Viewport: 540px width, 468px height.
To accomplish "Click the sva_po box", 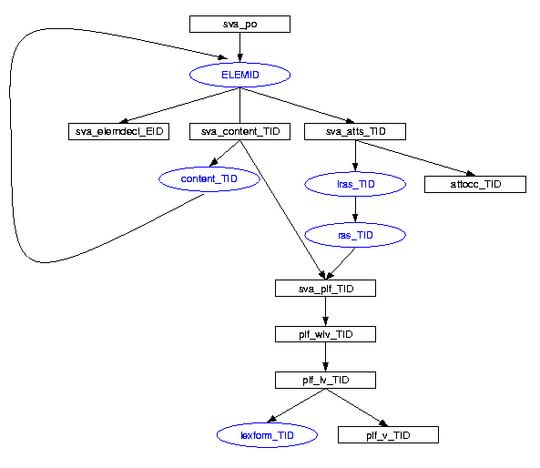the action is (x=239, y=24).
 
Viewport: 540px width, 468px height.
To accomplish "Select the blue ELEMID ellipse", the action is (x=239, y=75).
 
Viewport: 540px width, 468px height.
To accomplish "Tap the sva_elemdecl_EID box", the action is (x=118, y=131).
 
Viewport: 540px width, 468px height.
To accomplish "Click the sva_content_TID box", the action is (x=239, y=131).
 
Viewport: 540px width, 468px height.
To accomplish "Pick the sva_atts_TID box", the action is (x=355, y=131).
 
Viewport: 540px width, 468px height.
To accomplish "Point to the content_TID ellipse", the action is (x=209, y=179).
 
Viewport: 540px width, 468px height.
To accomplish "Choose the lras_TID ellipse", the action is (x=355, y=184).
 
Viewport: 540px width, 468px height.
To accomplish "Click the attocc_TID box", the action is (x=475, y=184).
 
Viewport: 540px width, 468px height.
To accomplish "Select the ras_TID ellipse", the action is (x=355, y=235).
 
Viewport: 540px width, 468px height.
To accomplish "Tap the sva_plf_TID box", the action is (x=325, y=289).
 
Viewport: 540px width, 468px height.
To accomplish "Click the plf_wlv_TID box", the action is (x=325, y=334).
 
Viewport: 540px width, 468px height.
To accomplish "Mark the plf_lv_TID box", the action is (x=325, y=381).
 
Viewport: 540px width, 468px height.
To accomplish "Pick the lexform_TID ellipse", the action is (x=267, y=435).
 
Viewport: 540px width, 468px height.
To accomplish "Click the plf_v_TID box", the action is (x=388, y=435).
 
